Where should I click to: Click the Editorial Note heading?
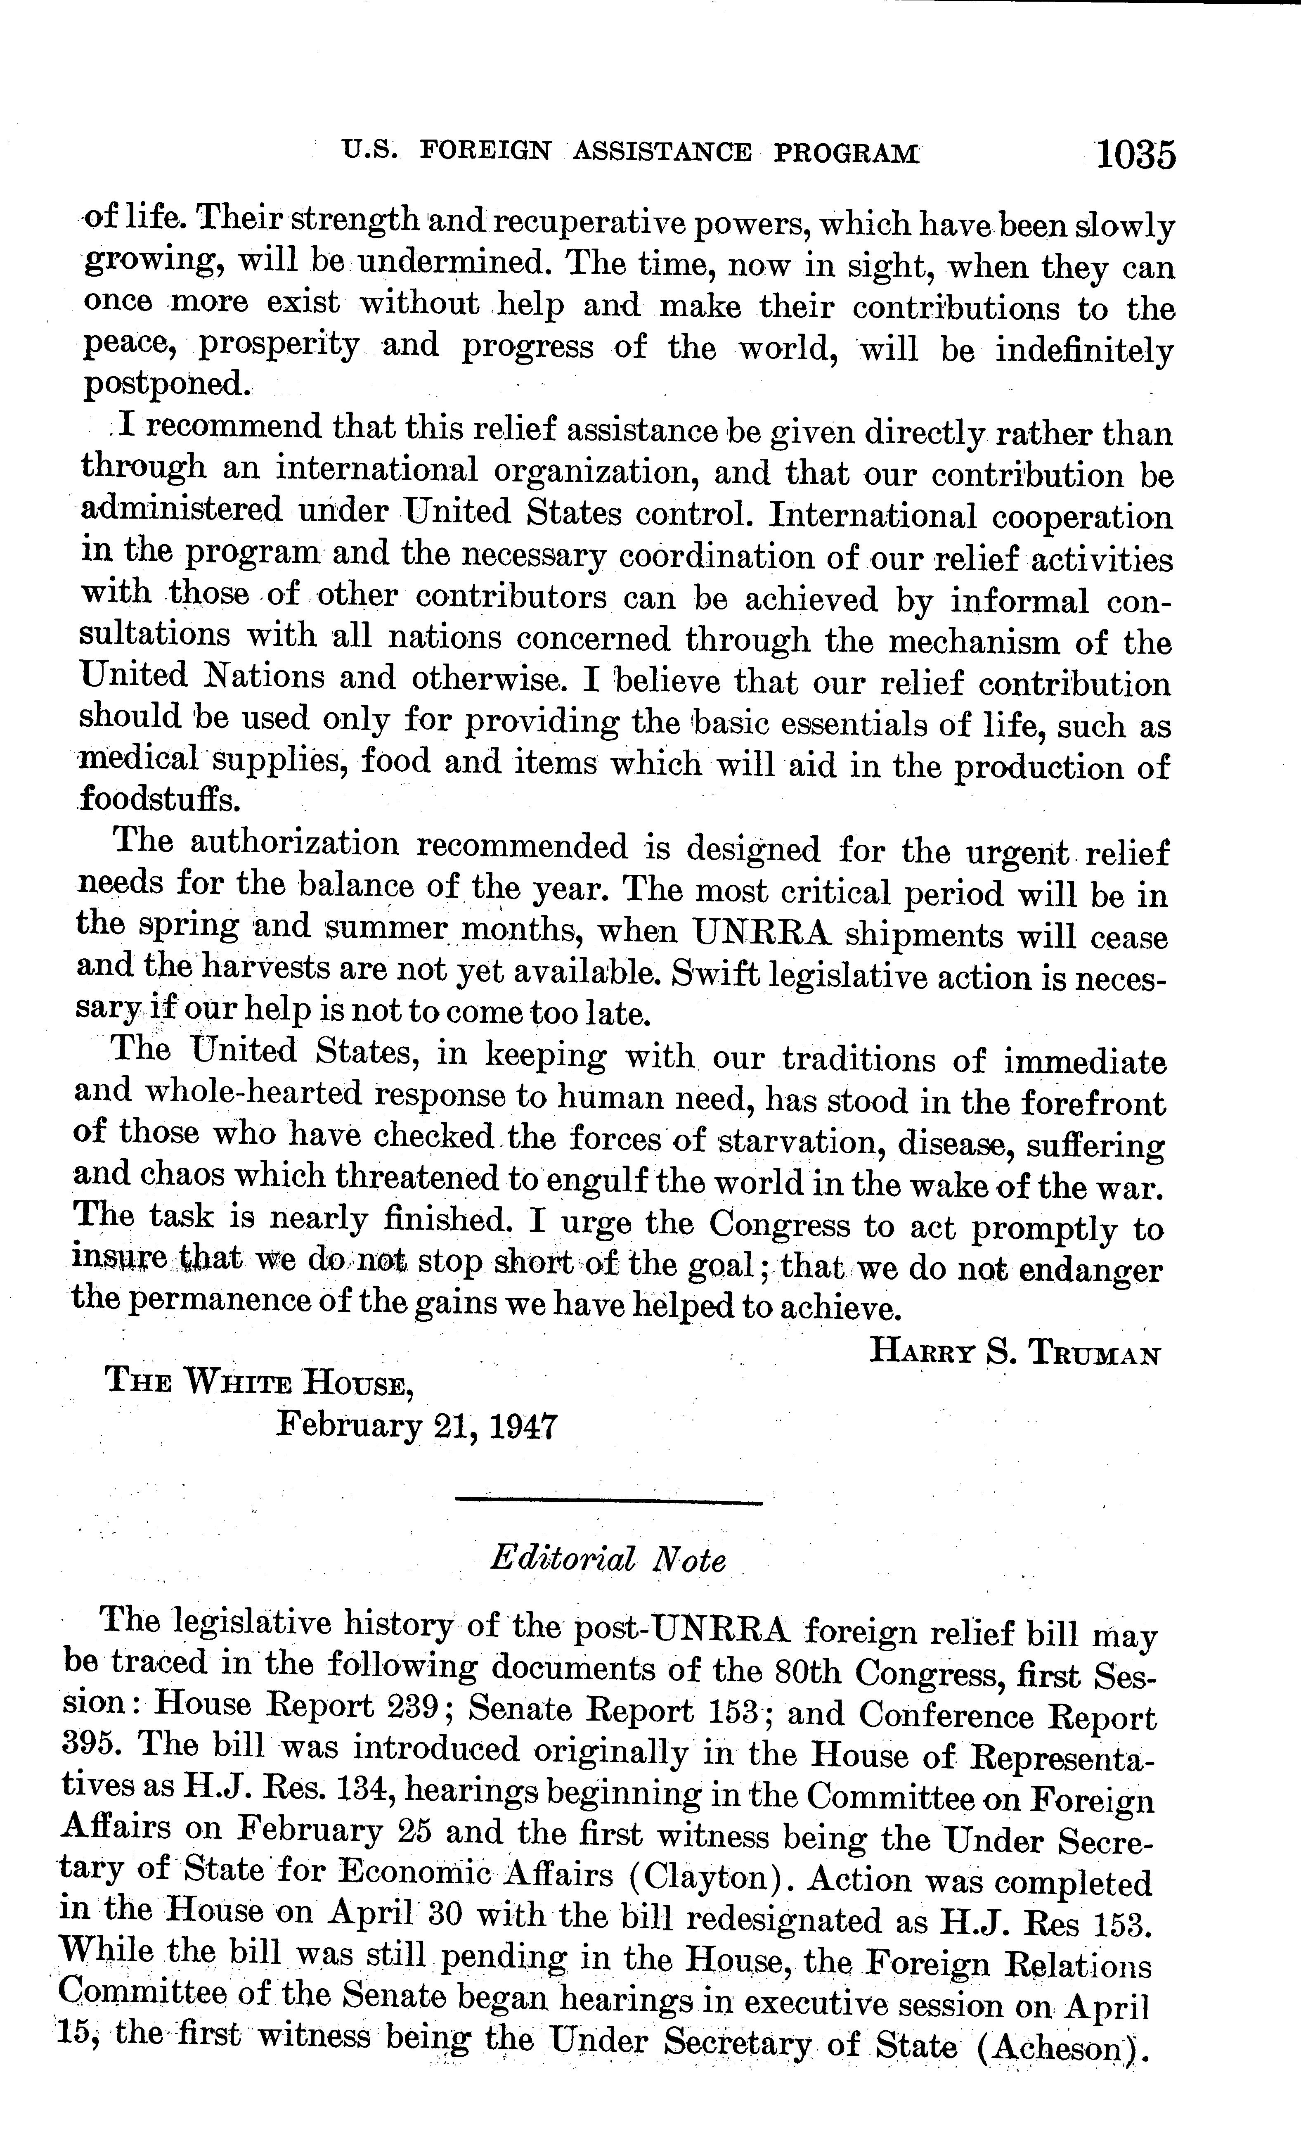pos(607,1560)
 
